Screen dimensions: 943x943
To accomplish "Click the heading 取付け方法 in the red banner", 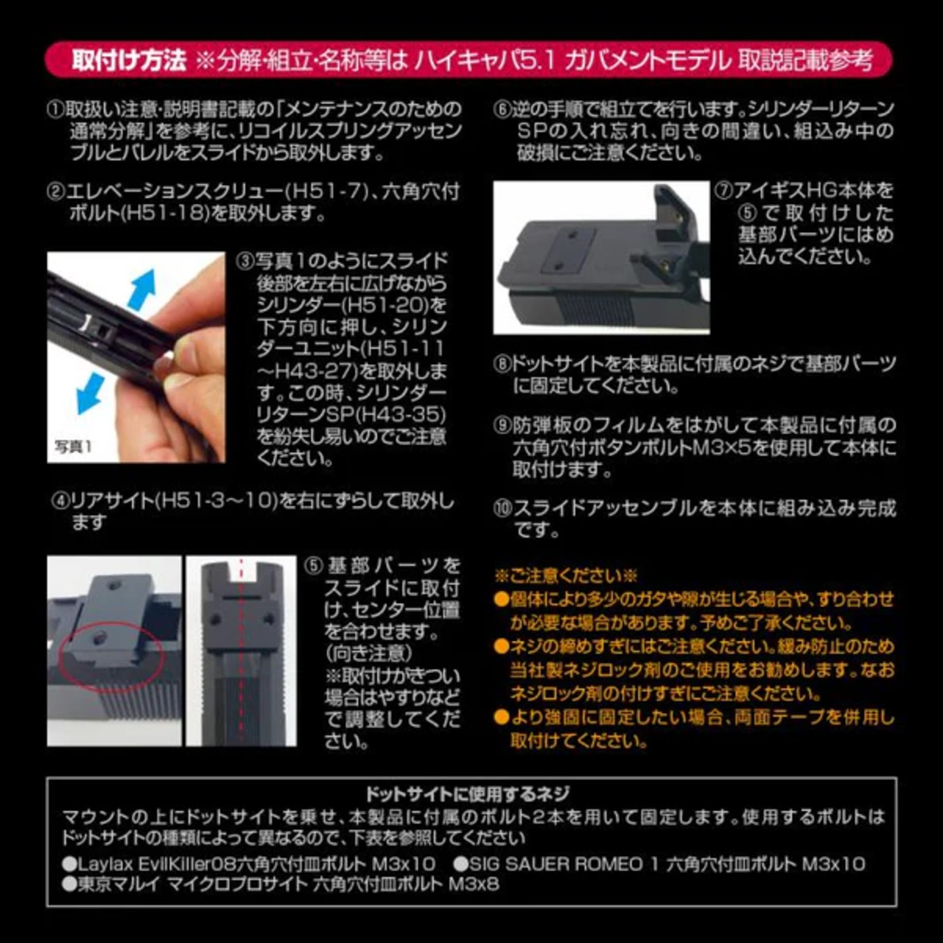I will [x=129, y=60].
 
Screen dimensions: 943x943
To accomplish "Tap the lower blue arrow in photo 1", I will [x=91, y=393].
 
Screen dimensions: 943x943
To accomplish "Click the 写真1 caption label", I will [x=73, y=446].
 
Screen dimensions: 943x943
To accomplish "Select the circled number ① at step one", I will [x=56, y=110].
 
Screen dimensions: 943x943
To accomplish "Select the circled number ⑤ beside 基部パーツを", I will [x=315, y=566].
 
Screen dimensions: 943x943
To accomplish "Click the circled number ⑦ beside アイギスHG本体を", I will [x=723, y=190].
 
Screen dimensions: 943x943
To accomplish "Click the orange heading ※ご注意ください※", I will [x=565, y=575].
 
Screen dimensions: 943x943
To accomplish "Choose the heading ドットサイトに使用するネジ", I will [x=467, y=793].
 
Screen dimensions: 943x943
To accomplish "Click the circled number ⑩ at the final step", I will [x=502, y=508].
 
